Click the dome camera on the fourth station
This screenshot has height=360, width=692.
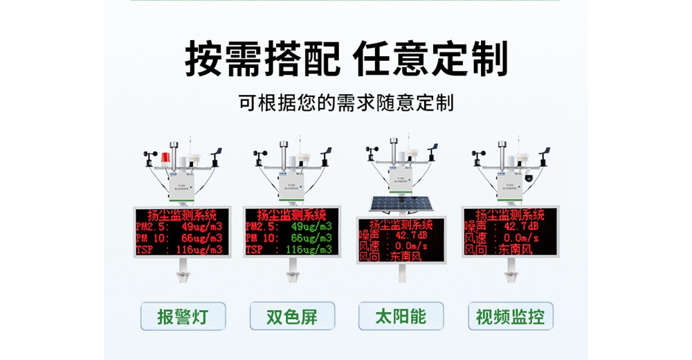click(x=529, y=176)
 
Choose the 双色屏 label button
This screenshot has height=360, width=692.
click(x=292, y=317)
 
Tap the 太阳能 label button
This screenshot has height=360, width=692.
click(x=401, y=317)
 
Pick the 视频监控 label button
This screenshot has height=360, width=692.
click(x=510, y=317)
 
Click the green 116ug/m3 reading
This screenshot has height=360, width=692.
click(x=309, y=249)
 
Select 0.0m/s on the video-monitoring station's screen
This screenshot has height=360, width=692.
click(x=519, y=237)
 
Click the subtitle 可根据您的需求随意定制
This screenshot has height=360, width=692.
click(x=346, y=104)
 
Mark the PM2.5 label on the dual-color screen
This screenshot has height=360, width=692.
click(x=262, y=226)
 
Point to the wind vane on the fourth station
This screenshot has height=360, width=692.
click(x=544, y=152)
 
